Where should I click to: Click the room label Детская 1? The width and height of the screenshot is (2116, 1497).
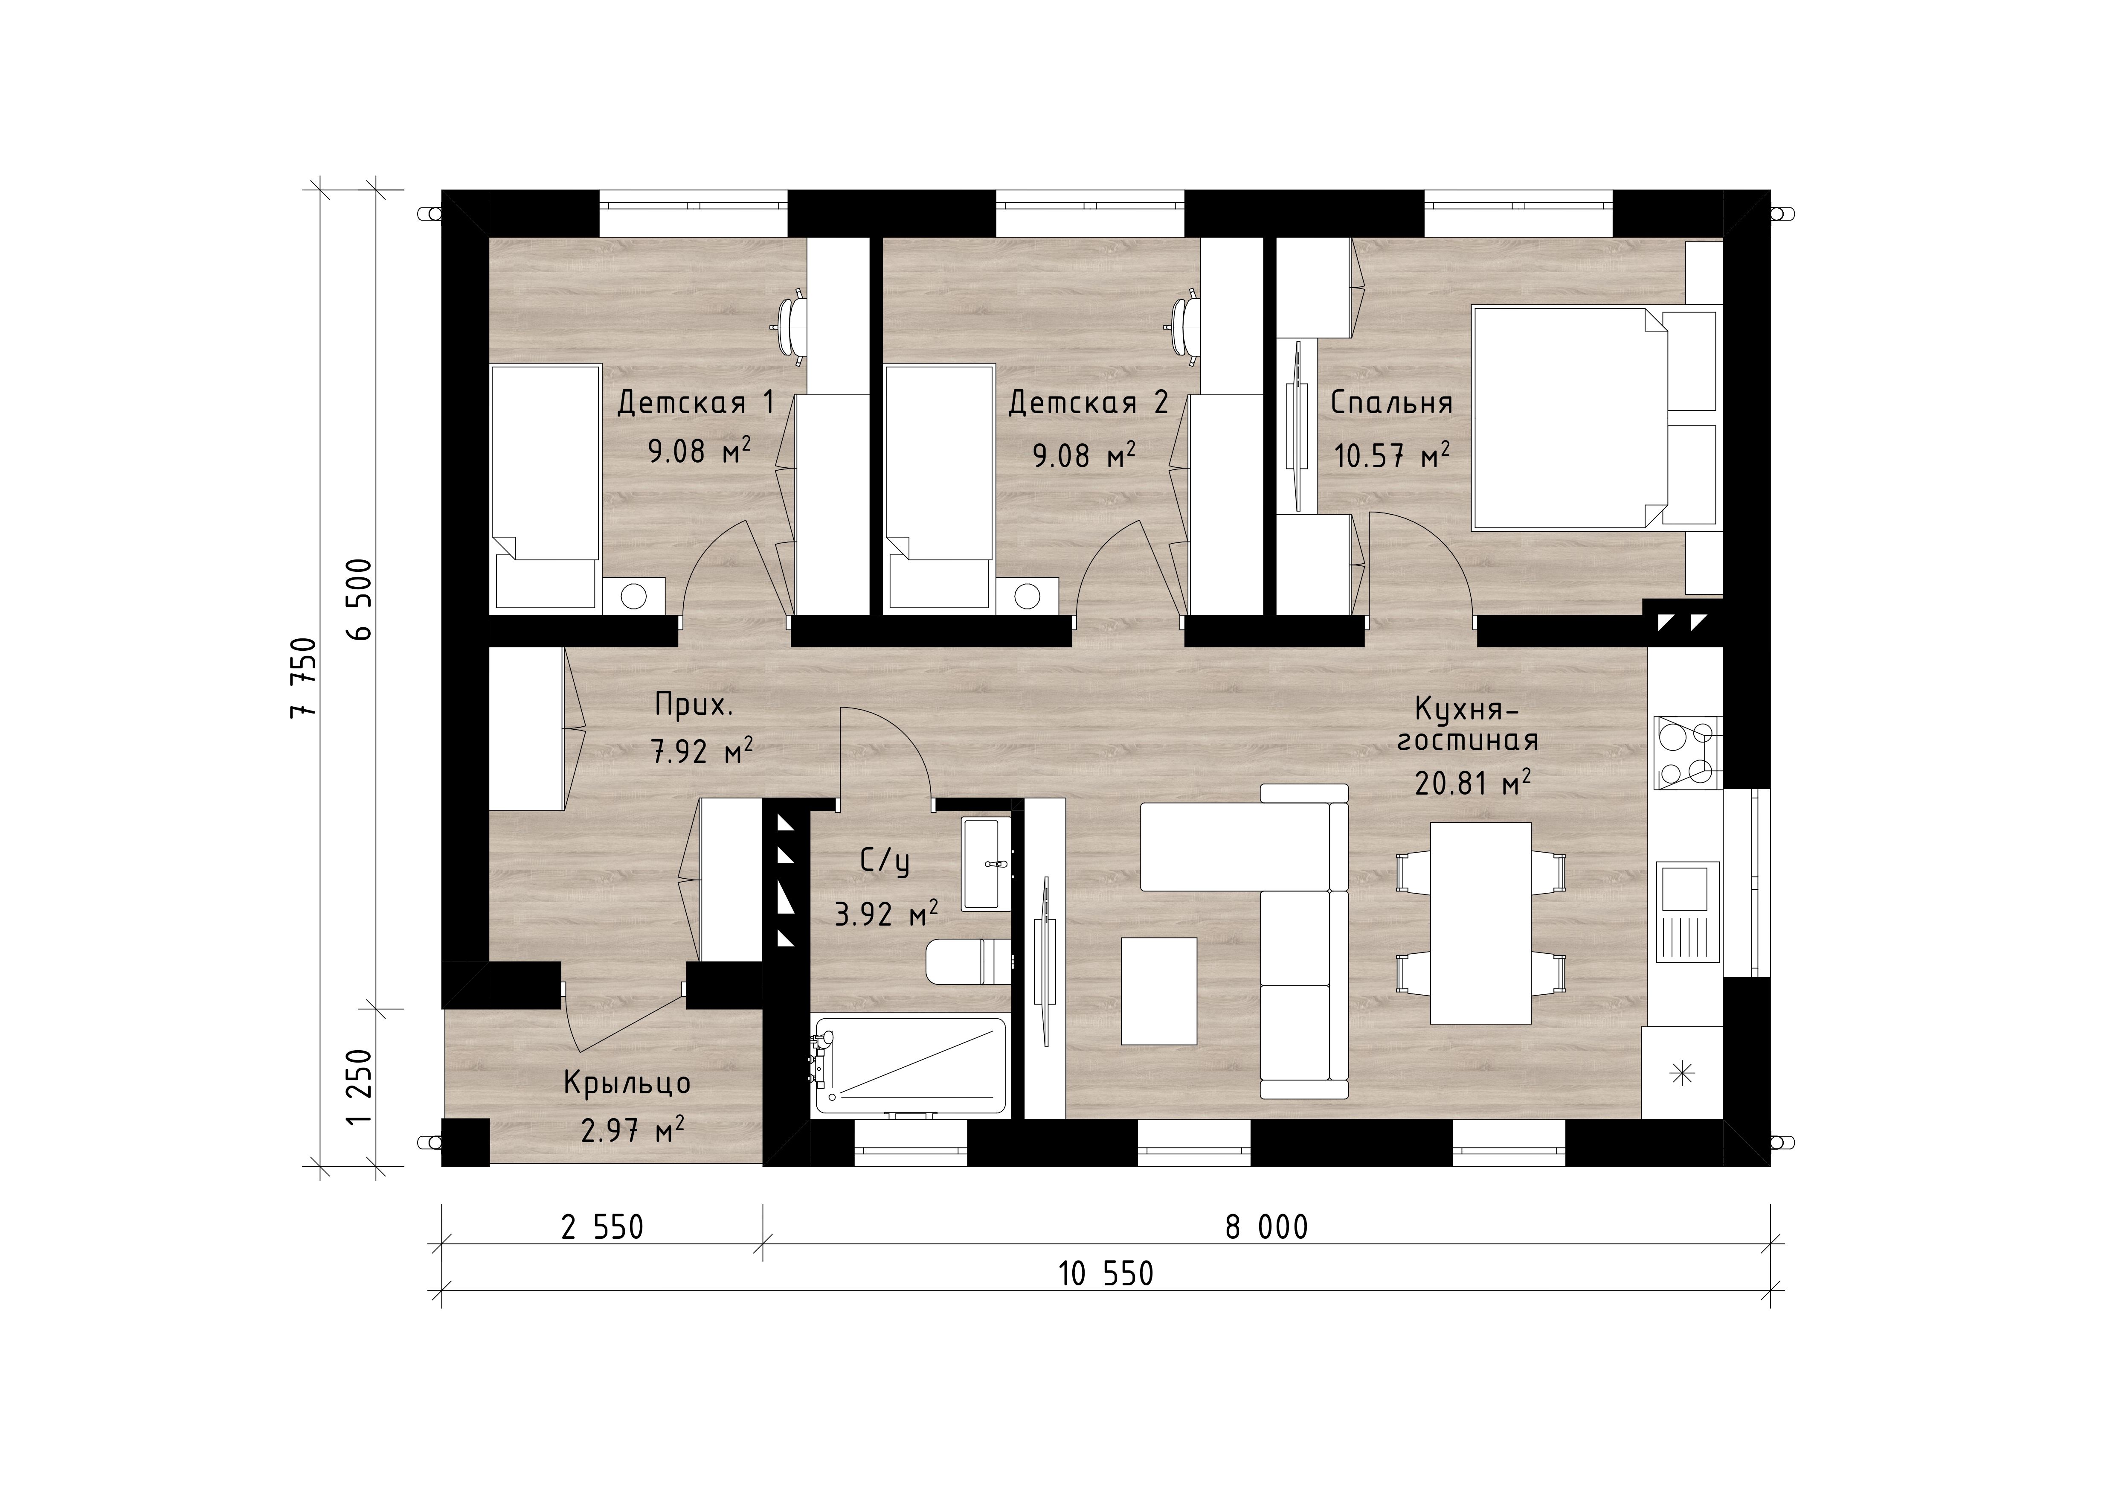point(696,403)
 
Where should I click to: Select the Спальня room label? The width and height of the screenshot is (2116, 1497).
point(1392,403)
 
